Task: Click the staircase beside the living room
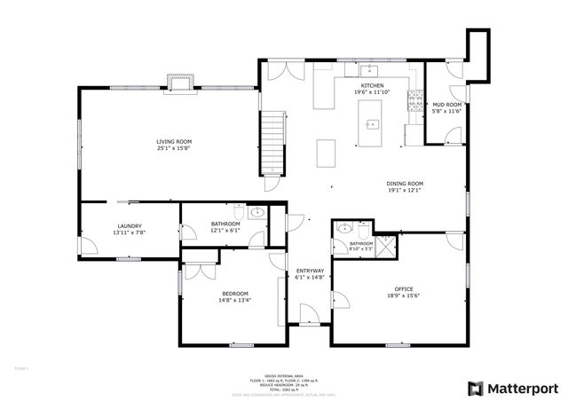(x=272, y=145)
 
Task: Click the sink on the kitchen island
(x=372, y=123)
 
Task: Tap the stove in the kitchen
(x=413, y=102)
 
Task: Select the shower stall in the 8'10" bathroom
(x=386, y=245)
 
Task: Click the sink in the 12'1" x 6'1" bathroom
(x=256, y=213)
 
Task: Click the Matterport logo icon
(x=476, y=388)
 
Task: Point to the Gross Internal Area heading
(x=284, y=376)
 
